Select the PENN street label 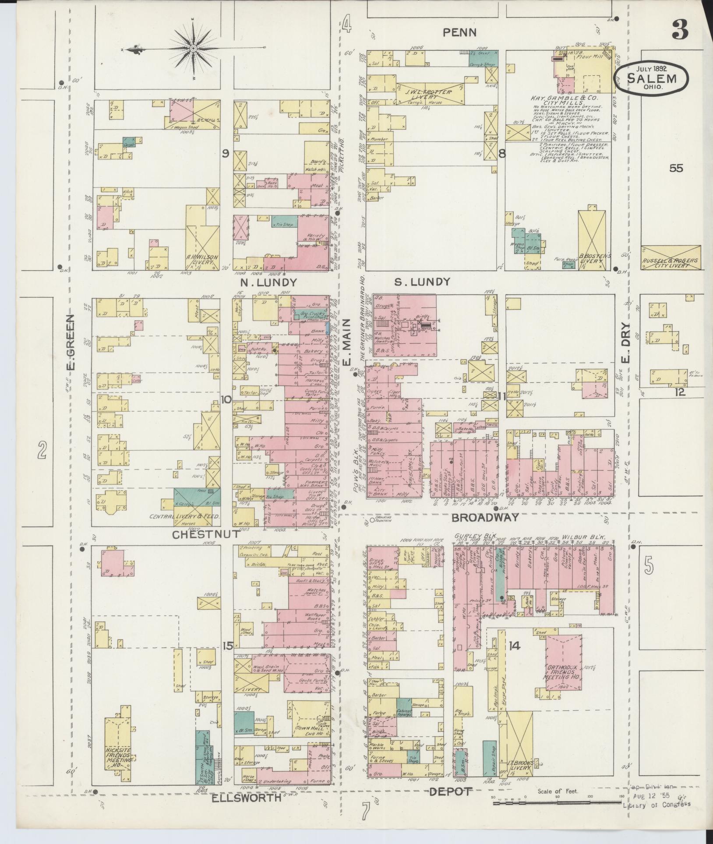[x=459, y=32]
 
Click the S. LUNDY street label [x=422, y=282]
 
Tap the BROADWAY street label [x=485, y=518]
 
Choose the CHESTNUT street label [x=206, y=534]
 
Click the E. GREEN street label [x=71, y=342]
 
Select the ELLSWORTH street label [x=246, y=798]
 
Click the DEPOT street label [x=451, y=791]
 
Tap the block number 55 [x=676, y=168]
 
